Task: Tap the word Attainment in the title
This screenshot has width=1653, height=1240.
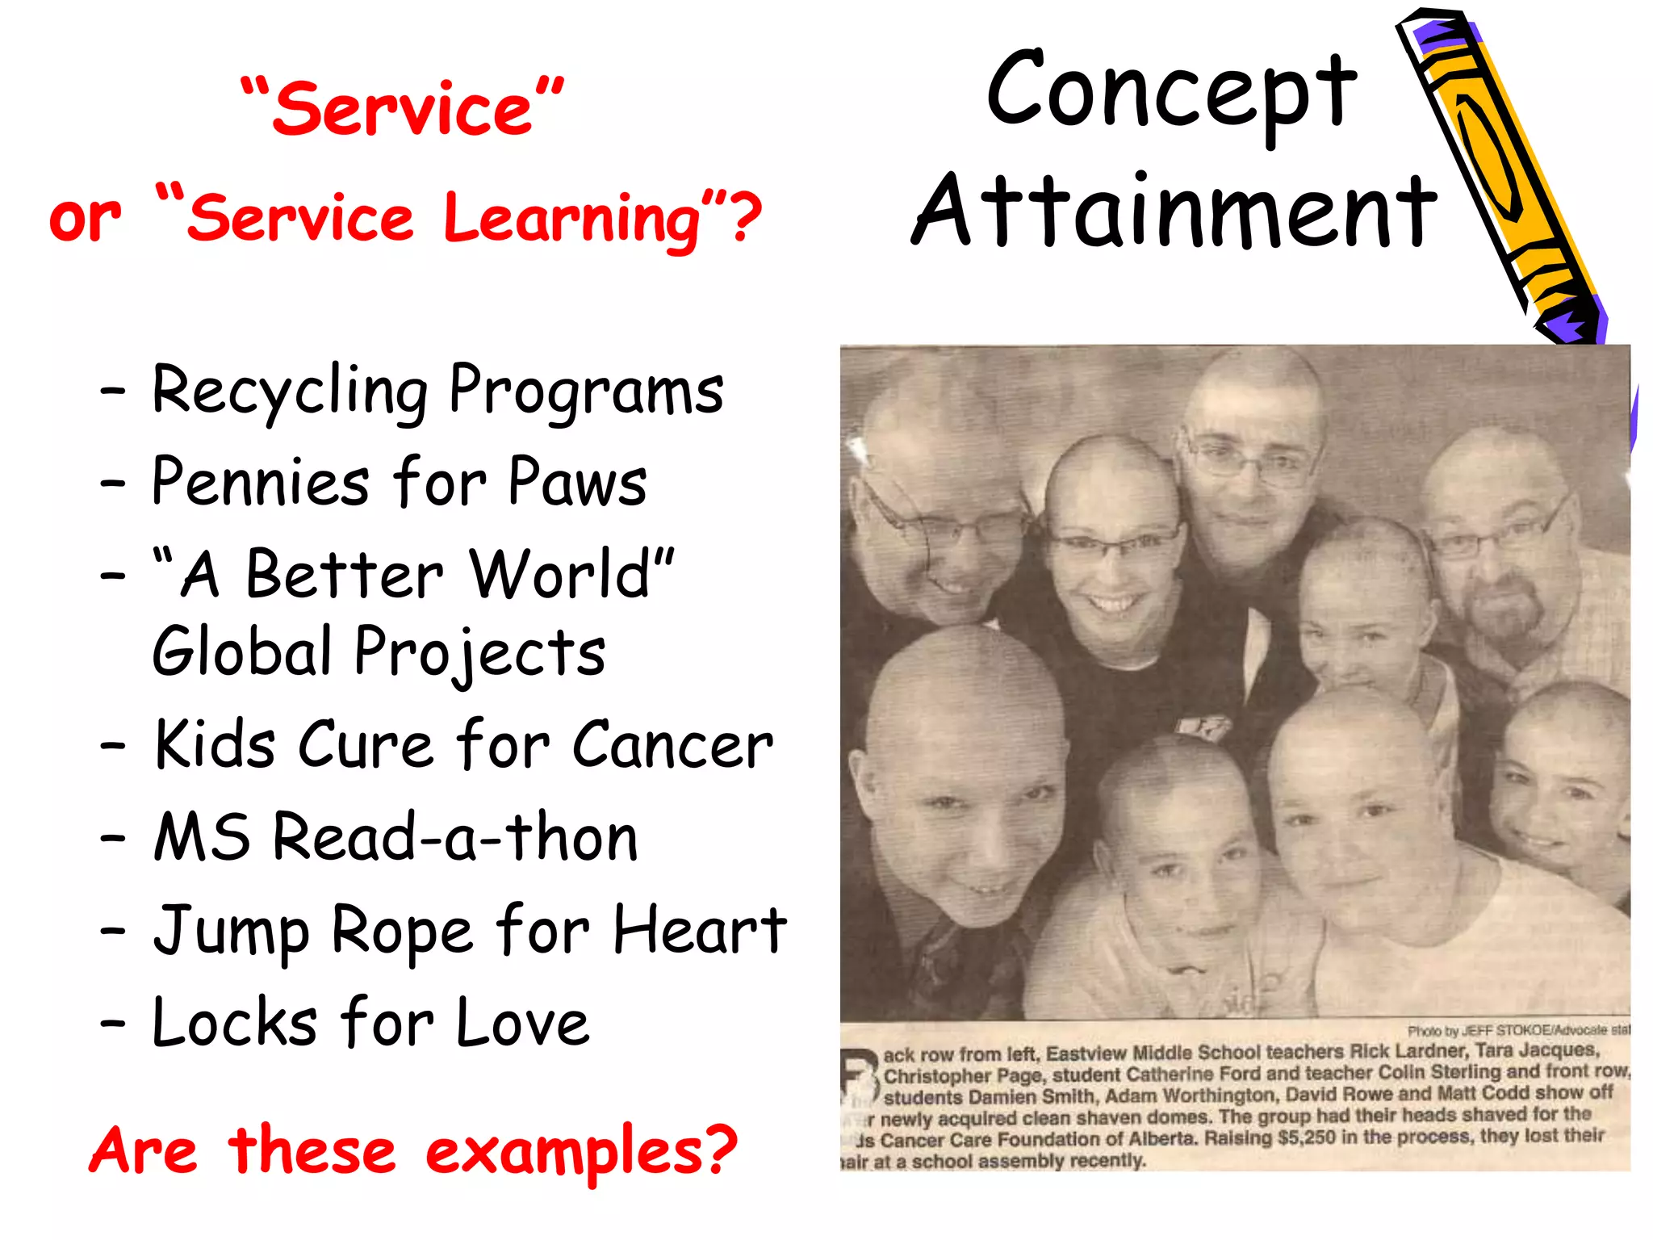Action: click(1174, 212)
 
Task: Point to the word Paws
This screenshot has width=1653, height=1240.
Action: click(577, 483)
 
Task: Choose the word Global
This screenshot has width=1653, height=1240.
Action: click(242, 652)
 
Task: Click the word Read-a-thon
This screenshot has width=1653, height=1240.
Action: click(455, 838)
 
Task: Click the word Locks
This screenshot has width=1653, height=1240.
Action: click(234, 1024)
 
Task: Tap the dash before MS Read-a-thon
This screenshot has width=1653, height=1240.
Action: click(113, 838)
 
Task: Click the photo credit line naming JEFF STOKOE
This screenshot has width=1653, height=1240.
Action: click(1517, 1030)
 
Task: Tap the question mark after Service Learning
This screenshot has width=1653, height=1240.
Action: click(746, 218)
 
